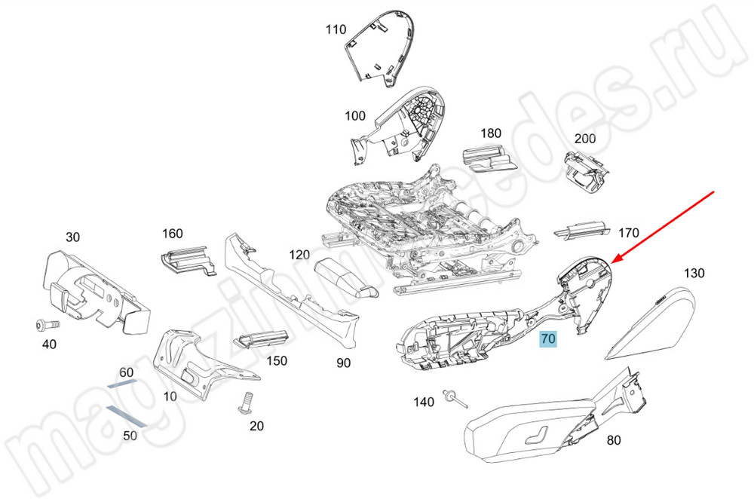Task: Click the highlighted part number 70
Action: click(547, 339)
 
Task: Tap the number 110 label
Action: click(336, 30)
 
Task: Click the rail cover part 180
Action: click(486, 158)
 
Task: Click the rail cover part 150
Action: click(262, 340)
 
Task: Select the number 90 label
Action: click(343, 363)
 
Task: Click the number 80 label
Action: click(614, 440)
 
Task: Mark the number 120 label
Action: click(300, 255)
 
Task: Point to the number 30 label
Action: click(72, 237)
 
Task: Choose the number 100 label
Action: click(355, 116)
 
